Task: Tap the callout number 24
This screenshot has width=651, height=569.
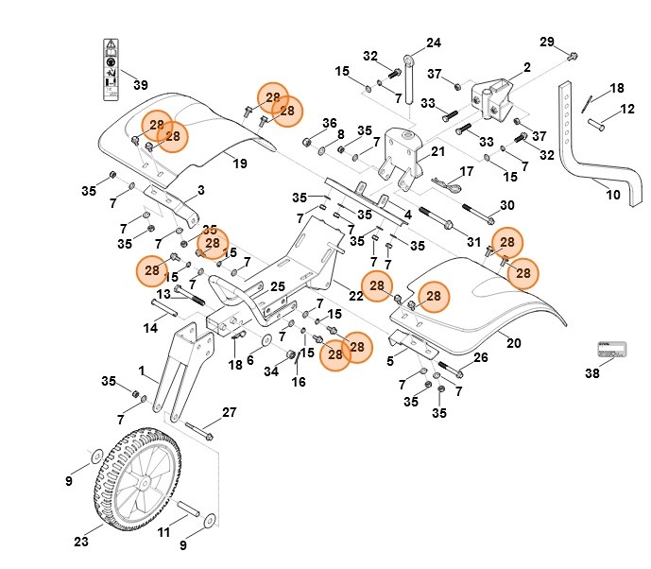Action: click(x=434, y=43)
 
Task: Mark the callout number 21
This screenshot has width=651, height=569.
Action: click(x=437, y=151)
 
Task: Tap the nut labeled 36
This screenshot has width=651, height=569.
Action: click(x=308, y=143)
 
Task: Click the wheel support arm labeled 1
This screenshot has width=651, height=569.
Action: click(x=176, y=370)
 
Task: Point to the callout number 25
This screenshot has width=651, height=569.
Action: click(x=278, y=286)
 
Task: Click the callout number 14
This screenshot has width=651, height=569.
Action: click(x=150, y=328)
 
